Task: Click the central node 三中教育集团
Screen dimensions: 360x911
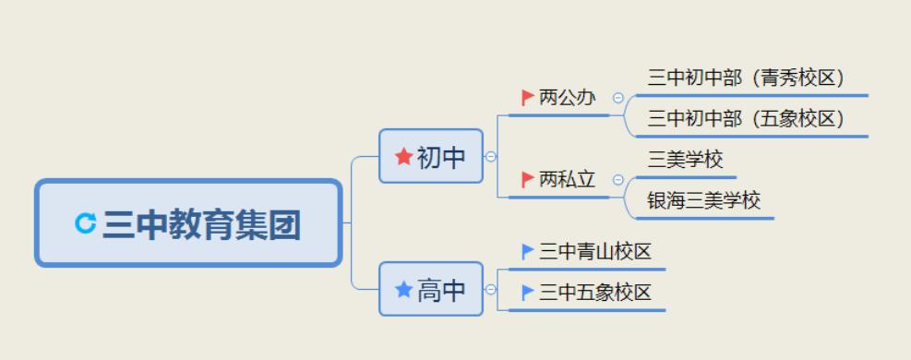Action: coord(189,223)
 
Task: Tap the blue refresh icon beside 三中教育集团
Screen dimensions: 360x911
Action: coord(86,222)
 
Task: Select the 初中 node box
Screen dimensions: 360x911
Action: coord(431,156)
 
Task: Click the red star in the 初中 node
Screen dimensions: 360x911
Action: coord(403,156)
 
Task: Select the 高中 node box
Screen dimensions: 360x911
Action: coord(431,289)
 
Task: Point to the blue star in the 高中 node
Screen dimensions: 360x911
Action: coord(403,290)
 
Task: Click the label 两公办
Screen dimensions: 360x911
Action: coord(568,97)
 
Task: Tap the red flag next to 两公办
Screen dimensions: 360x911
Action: coord(528,97)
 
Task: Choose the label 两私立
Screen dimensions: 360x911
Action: coord(568,179)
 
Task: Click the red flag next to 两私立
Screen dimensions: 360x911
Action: coord(528,179)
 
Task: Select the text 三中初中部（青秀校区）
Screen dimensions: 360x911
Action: coord(747,78)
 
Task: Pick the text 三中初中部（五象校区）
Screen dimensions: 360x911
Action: coord(747,118)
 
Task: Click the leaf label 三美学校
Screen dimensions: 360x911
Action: coord(686,160)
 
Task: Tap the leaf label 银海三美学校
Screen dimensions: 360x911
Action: coord(704,200)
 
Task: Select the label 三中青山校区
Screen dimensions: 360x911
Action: coord(595,251)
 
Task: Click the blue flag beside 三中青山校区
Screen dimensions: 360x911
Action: coord(528,251)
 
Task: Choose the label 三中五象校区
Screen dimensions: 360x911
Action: coord(595,293)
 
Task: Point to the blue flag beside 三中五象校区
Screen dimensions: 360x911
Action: coord(528,293)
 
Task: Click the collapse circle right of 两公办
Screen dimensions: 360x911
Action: coord(617,98)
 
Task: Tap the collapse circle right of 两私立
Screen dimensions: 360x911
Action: coord(617,180)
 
